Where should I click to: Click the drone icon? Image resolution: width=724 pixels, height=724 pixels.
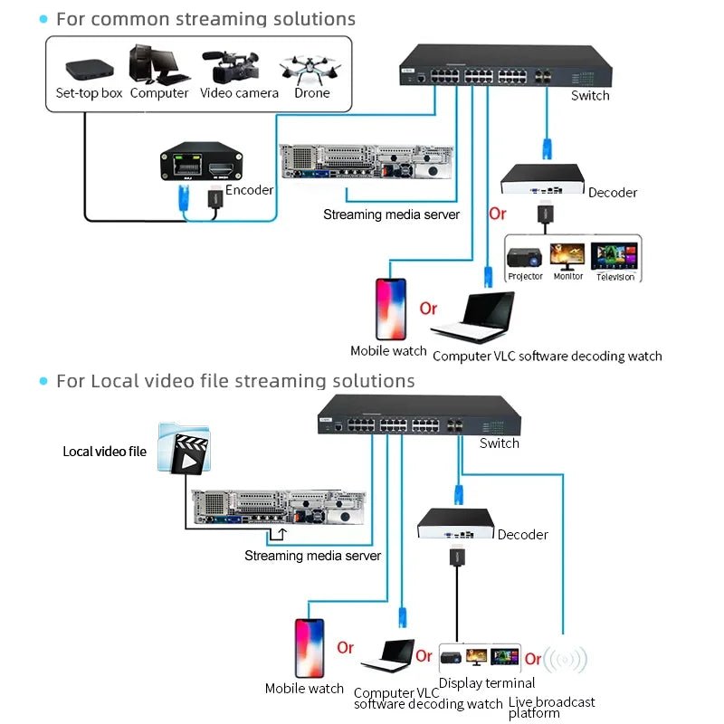click(x=310, y=68)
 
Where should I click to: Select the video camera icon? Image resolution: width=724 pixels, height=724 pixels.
click(x=236, y=63)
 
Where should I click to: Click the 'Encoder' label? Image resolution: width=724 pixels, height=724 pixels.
click(x=249, y=190)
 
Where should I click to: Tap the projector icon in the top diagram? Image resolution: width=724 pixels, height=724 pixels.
click(x=525, y=257)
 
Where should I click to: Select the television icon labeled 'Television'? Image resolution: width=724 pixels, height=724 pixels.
click(x=615, y=255)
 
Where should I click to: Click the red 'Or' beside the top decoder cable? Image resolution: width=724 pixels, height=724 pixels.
click(x=498, y=214)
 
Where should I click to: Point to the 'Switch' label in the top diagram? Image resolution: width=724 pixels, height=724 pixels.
click(x=590, y=95)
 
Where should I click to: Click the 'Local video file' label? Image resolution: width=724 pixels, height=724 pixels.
click(x=104, y=451)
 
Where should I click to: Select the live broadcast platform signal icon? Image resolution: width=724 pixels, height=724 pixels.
click(x=565, y=659)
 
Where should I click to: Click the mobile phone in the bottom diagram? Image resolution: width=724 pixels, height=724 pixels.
click(x=309, y=645)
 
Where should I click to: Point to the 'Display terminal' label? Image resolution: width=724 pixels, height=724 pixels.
click(x=487, y=683)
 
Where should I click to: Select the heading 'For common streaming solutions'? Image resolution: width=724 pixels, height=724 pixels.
click(x=205, y=19)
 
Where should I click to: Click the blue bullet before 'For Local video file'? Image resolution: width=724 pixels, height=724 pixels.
click(x=43, y=381)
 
